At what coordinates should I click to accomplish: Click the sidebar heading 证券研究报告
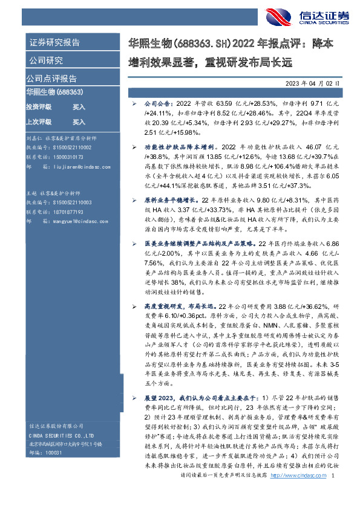coord(54,43)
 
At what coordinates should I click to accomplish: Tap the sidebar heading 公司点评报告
coord(51,79)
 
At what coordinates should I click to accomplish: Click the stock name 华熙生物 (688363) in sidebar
coord(54,91)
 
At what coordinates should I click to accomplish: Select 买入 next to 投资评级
coord(79,106)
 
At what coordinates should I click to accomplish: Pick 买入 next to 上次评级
coord(79,122)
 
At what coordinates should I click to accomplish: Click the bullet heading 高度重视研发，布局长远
coord(180,306)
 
